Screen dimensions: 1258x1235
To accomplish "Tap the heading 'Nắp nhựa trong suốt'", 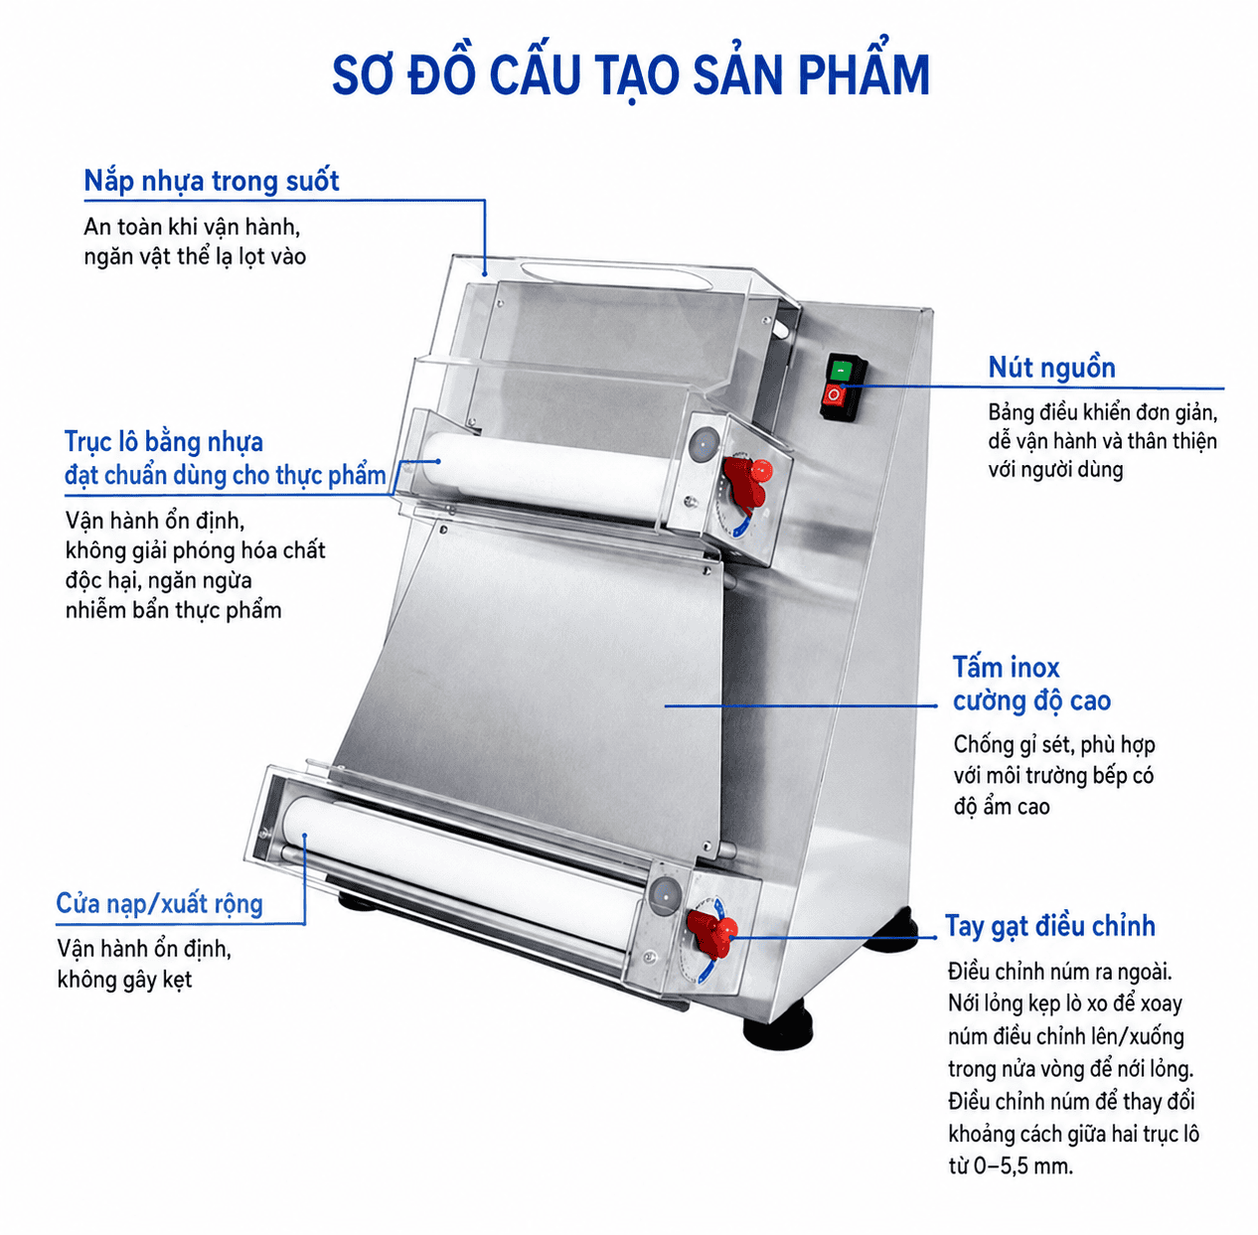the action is click(x=212, y=180).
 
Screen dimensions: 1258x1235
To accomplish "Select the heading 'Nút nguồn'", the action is click(x=1051, y=368).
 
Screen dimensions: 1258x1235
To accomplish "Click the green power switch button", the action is click(x=842, y=371).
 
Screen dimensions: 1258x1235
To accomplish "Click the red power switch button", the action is click(x=834, y=394).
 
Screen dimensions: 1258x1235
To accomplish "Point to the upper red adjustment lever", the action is click(x=747, y=481).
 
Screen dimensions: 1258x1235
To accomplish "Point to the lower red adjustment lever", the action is click(x=712, y=933).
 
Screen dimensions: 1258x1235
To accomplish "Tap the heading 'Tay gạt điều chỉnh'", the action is click(x=1049, y=925).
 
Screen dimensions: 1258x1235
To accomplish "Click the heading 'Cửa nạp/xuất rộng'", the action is click(x=160, y=904).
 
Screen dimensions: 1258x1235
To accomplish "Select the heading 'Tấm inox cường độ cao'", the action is click(x=1031, y=685).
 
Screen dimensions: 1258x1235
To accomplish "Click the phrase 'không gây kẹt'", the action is click(x=124, y=980).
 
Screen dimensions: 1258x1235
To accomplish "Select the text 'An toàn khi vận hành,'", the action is click(x=192, y=228).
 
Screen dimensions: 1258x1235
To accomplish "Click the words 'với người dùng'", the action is click(x=1055, y=469).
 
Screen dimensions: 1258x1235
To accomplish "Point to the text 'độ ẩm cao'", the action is click(x=1002, y=807).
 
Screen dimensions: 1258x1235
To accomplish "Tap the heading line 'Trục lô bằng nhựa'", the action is click(x=164, y=442).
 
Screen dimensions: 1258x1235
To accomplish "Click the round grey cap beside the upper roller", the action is click(x=704, y=443).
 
